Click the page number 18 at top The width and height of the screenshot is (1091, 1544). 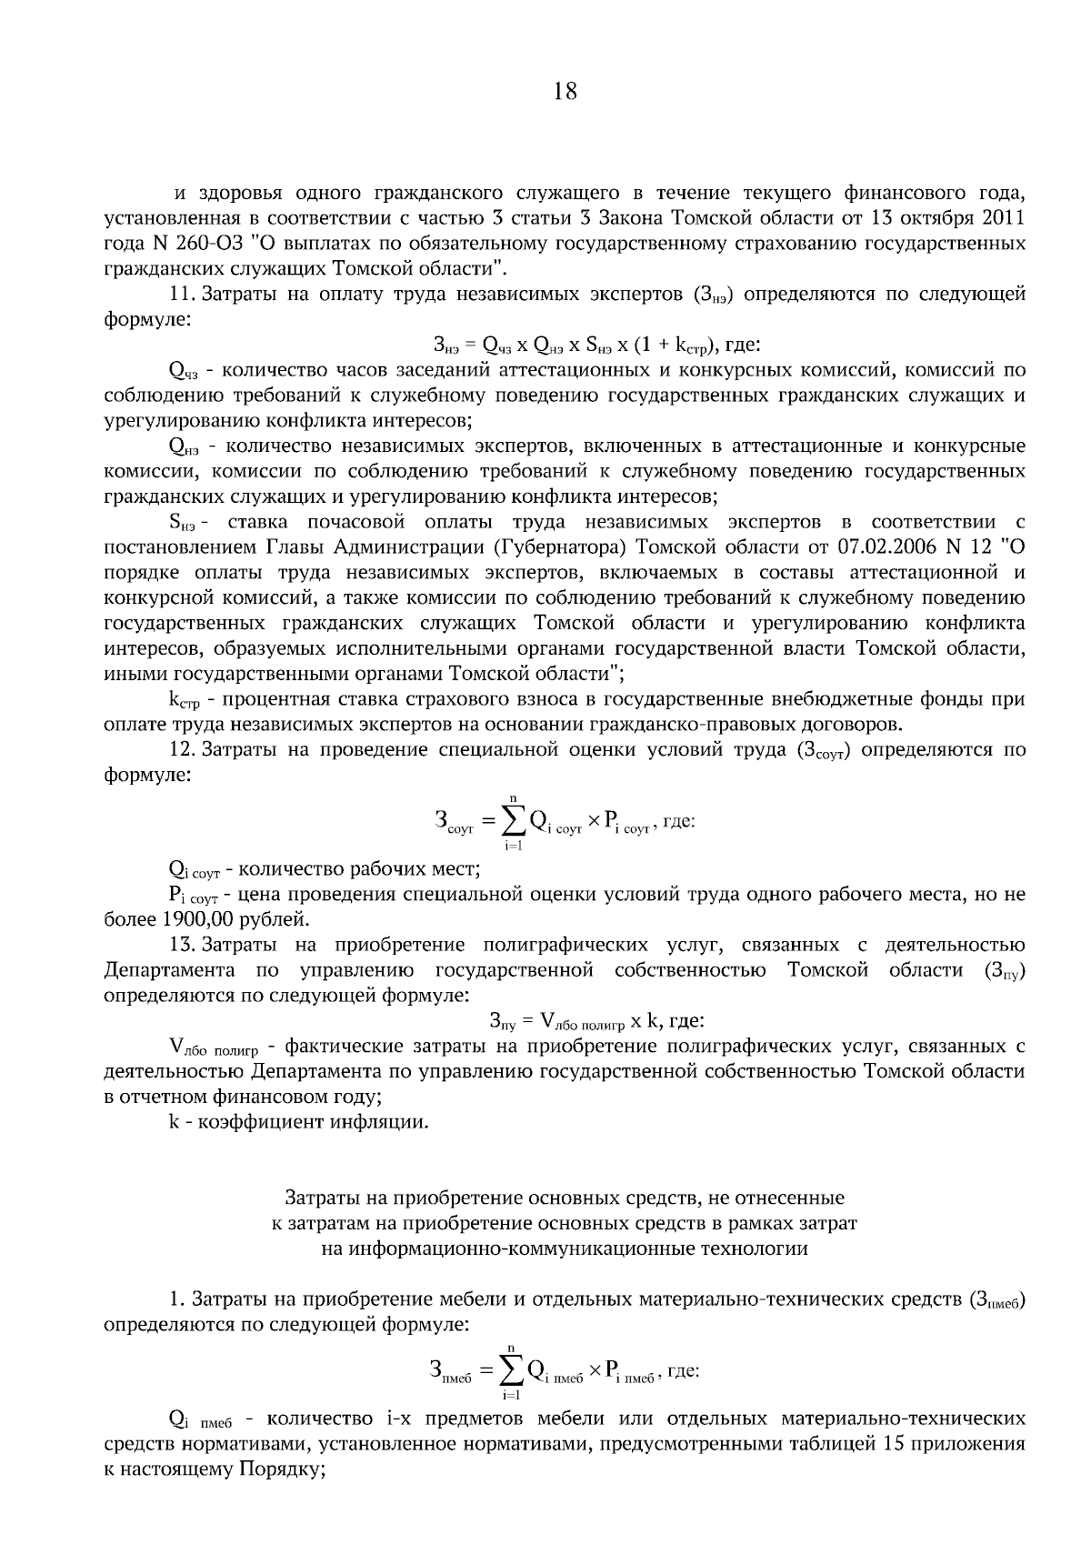click(x=565, y=92)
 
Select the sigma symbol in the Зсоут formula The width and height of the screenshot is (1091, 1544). click(x=514, y=822)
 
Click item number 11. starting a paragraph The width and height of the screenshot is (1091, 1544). click(x=182, y=295)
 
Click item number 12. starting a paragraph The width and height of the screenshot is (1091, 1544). click(x=182, y=750)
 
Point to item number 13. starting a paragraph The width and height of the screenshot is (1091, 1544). click(x=182, y=945)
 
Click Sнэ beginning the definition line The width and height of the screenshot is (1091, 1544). click(x=182, y=523)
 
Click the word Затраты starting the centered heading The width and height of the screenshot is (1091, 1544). click(x=320, y=1198)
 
